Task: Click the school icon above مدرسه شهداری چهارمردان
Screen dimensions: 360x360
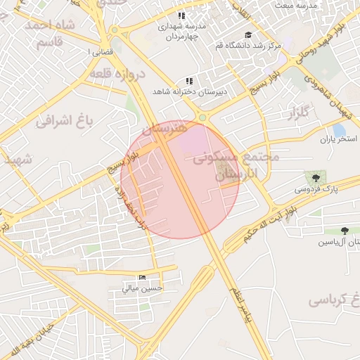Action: point(181,15)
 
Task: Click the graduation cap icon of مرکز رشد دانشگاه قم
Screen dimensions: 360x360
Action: point(247,34)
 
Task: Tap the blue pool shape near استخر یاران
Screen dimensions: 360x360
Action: point(340,129)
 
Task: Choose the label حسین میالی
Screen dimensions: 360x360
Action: point(143,288)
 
